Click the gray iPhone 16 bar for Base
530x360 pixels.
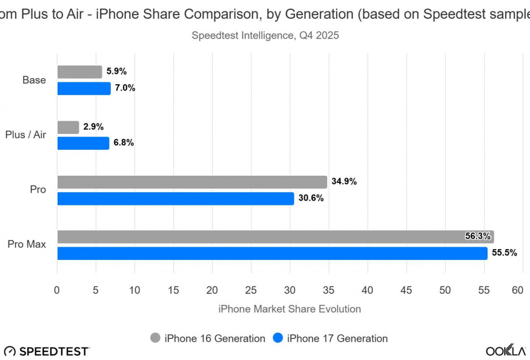click(x=79, y=72)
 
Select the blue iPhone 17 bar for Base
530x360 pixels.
click(x=84, y=88)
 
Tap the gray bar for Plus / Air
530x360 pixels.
click(x=68, y=127)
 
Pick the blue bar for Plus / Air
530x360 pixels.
click(x=83, y=143)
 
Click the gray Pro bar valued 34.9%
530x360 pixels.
click(x=192, y=182)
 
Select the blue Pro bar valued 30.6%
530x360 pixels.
click(x=176, y=198)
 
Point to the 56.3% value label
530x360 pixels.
click(x=477, y=236)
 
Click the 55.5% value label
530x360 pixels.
click(x=504, y=253)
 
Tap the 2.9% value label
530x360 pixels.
click(x=93, y=127)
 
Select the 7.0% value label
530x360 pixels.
click(x=125, y=88)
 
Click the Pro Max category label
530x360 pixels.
click(x=27, y=245)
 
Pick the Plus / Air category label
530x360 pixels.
click(x=25, y=135)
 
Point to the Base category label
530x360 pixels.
click(x=34, y=80)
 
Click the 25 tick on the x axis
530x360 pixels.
click(x=251, y=290)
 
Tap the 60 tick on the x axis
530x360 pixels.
click(x=517, y=290)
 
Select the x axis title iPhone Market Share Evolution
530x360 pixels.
click(x=289, y=309)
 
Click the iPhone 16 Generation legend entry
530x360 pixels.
click(x=208, y=338)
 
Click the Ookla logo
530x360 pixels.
click(x=505, y=351)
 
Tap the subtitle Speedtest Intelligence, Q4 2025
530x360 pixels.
click(x=265, y=35)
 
